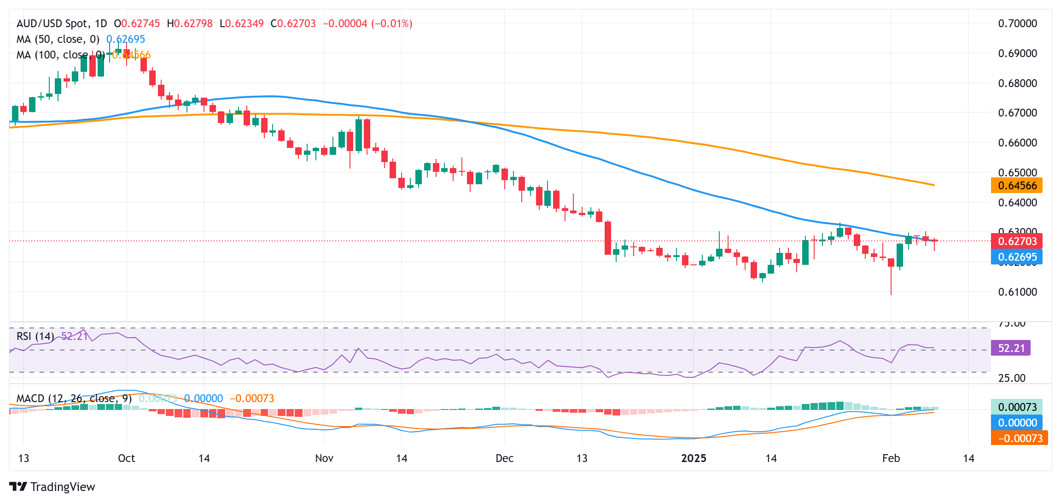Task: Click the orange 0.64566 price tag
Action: click(x=1017, y=186)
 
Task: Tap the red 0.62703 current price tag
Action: click(x=1017, y=241)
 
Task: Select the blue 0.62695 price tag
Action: click(x=1017, y=257)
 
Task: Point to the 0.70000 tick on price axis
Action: click(x=1017, y=23)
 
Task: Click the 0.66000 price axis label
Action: click(x=1017, y=143)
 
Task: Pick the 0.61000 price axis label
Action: click(x=1017, y=292)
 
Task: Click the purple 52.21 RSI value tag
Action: click(x=1011, y=348)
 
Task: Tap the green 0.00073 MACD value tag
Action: click(x=1017, y=407)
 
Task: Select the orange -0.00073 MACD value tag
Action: click(x=1020, y=438)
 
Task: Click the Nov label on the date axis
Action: click(x=324, y=458)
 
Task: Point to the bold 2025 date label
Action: click(x=694, y=458)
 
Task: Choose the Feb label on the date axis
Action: click(x=891, y=458)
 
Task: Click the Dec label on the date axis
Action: click(x=504, y=458)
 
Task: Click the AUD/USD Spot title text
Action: click(x=53, y=23)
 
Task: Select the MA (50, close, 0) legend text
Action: click(x=58, y=39)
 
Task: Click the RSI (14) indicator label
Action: click(x=35, y=336)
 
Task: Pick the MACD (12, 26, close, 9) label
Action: click(x=74, y=398)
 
